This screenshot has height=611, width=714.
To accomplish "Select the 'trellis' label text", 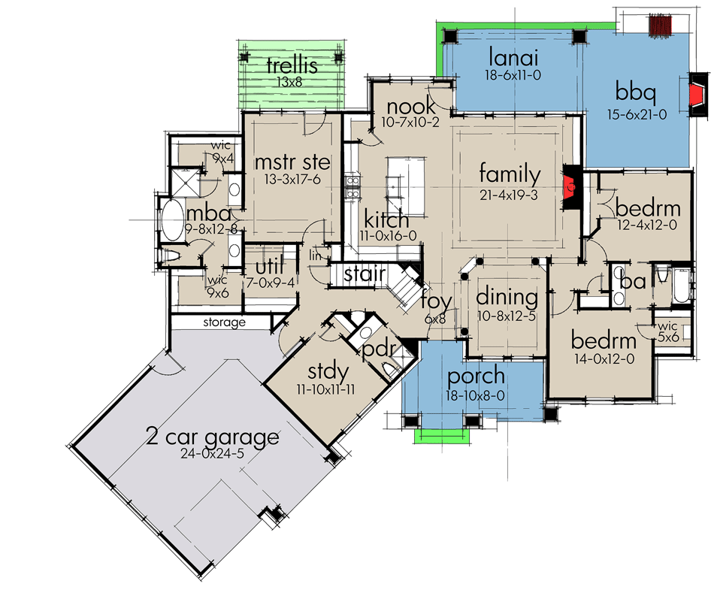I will pos(292,67).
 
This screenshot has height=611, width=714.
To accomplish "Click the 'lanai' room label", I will pos(512,57).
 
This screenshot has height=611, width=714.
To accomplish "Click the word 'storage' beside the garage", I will pos(223,322).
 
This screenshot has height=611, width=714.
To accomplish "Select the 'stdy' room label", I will pos(328,371).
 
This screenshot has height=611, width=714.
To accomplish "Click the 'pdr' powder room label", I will pos(375,352).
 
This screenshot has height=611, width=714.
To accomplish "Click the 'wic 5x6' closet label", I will pos(667,331).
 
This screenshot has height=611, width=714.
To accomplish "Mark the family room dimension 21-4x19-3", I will pos(510,194).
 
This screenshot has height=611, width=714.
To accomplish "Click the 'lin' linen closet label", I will pos(316,256).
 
